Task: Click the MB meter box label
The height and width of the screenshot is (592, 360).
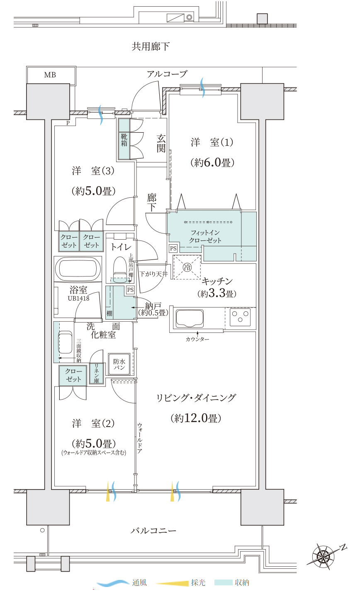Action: click(x=50, y=75)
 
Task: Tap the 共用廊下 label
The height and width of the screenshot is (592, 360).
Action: click(x=151, y=46)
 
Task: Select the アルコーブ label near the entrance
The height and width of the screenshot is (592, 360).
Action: click(x=167, y=74)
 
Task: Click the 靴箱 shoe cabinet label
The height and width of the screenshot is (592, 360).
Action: click(x=124, y=140)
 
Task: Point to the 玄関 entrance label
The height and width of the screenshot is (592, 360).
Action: click(x=161, y=143)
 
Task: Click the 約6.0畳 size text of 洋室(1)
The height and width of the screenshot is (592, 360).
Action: click(x=212, y=162)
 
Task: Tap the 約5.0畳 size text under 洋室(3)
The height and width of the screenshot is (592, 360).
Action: click(x=94, y=191)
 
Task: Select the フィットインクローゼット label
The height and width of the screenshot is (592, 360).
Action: click(x=205, y=236)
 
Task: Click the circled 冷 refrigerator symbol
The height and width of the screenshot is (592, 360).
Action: click(x=187, y=267)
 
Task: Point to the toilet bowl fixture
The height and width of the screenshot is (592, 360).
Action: click(x=120, y=269)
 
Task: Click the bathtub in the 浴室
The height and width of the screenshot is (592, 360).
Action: click(x=78, y=269)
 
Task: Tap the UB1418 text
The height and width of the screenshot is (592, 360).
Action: click(x=78, y=298)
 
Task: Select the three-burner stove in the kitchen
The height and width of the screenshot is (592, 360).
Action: click(x=240, y=317)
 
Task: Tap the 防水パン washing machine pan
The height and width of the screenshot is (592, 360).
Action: click(x=119, y=364)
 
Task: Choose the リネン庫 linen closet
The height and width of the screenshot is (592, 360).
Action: click(x=96, y=373)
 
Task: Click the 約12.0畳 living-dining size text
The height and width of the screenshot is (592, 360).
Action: click(x=196, y=418)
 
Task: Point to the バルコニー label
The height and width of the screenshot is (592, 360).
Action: click(x=153, y=530)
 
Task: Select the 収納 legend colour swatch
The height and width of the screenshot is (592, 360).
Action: click(x=224, y=582)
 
